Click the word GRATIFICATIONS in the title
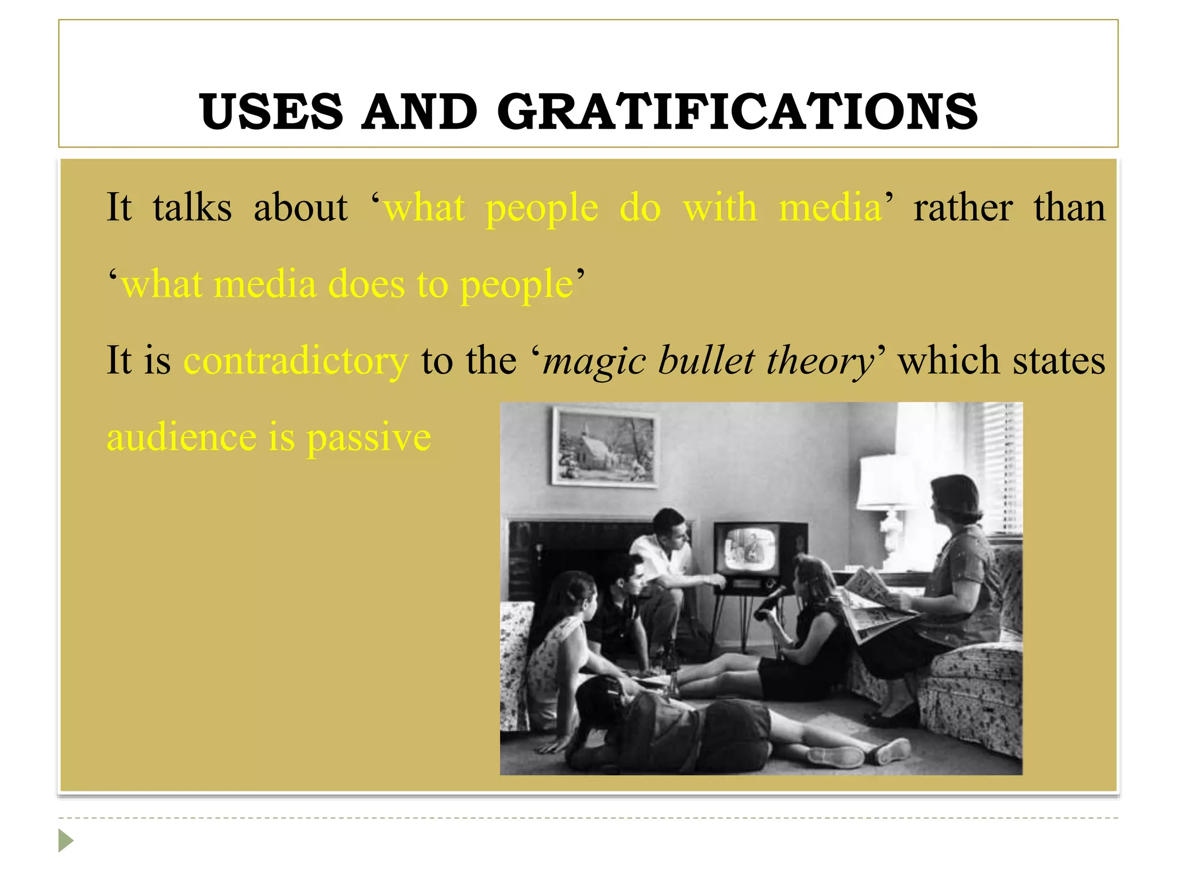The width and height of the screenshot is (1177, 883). point(737,112)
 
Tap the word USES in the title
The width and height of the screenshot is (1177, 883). point(271,112)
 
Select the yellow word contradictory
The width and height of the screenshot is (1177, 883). point(296,361)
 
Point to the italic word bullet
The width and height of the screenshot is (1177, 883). point(706,361)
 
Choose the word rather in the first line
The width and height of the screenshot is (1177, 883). point(963,208)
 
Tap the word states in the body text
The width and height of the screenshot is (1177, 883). point(1059,361)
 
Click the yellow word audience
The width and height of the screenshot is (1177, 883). point(182,438)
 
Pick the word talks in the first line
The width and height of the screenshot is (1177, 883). point(192,208)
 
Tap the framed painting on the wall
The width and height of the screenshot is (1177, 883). point(605,446)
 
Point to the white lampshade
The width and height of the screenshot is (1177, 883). point(887,482)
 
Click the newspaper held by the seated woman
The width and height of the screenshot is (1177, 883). point(874,604)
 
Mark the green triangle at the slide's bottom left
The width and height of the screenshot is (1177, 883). point(66,840)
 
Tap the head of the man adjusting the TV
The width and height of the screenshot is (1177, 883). point(671,527)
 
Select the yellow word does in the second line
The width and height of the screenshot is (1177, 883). point(366,285)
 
